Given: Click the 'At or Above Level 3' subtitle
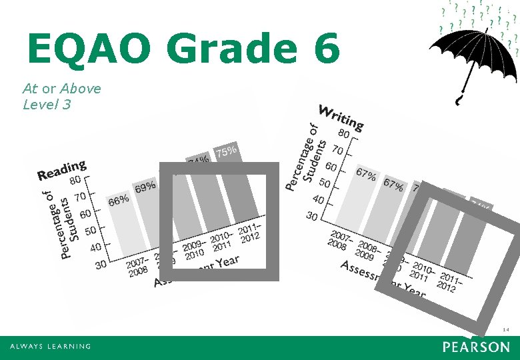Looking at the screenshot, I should (61, 96).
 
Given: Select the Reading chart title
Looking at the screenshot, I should (61, 171).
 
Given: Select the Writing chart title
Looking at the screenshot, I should (341, 118).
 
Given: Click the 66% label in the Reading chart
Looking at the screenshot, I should (119, 200).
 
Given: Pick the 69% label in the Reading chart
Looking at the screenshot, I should (145, 187).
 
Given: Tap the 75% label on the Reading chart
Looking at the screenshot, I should (227, 151).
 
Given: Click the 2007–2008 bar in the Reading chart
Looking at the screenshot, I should (123, 230).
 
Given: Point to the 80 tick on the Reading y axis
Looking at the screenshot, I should (77, 180).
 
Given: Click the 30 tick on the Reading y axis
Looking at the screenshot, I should (101, 265).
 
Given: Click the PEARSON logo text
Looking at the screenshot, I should (475, 347).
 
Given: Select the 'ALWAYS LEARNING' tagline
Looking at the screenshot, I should (50, 347).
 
